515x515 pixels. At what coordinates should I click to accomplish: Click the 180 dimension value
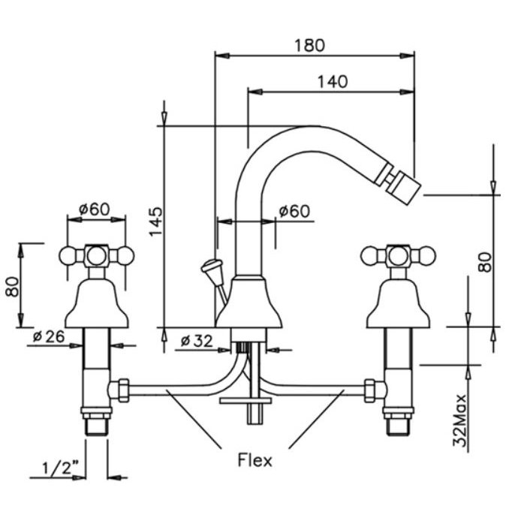[x=309, y=45]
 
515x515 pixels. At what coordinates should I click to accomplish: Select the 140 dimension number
[x=333, y=81]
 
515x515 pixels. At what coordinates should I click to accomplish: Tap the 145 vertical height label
[x=155, y=221]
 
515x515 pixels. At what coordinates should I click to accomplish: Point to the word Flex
[x=255, y=459]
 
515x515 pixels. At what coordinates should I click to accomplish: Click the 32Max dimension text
[x=459, y=420]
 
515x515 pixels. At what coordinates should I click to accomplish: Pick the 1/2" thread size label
[x=61, y=468]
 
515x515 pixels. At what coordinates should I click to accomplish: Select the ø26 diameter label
[x=49, y=336]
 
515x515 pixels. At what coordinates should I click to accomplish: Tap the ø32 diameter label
[x=197, y=341]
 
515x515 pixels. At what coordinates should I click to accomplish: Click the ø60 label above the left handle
[x=95, y=209]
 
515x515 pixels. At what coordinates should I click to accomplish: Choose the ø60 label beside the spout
[x=294, y=211]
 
